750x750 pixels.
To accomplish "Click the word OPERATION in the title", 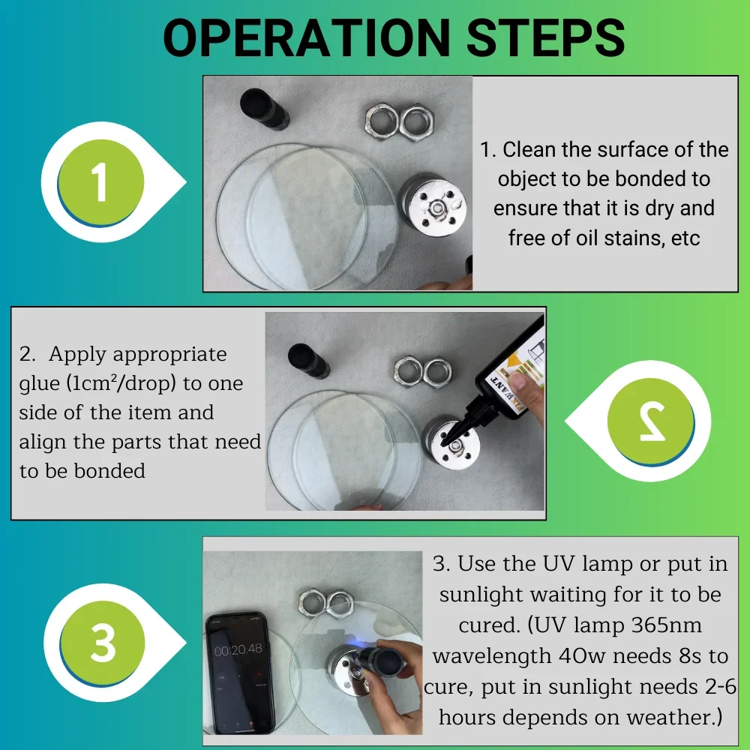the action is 307,37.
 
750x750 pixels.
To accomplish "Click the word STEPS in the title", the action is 546,37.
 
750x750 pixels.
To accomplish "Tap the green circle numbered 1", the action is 100,182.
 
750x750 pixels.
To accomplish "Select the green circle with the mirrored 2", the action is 651,421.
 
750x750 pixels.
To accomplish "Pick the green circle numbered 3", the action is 102,643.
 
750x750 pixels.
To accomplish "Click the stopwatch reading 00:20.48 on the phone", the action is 238,649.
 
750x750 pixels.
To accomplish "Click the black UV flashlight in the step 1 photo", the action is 264,109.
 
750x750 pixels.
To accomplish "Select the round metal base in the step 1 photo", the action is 433,206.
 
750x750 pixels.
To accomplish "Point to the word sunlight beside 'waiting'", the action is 481,595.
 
